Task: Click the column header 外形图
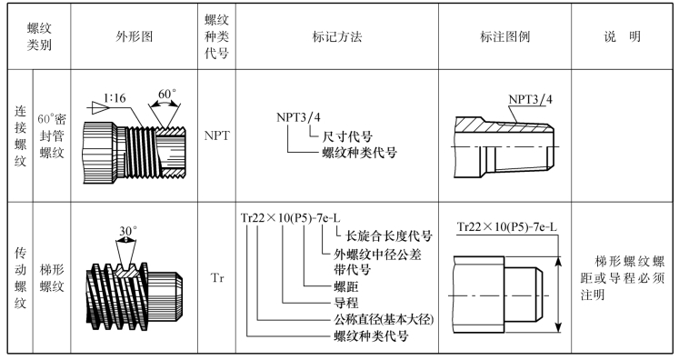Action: point(135,37)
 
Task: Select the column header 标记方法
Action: point(337,37)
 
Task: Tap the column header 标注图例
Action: point(504,37)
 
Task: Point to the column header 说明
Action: point(623,37)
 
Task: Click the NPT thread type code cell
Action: point(216,135)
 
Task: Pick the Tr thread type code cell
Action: point(217,277)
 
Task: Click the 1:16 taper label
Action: point(115,98)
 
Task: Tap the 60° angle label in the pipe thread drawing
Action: point(167,94)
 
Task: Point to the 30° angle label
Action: point(128,231)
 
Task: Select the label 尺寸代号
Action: point(347,136)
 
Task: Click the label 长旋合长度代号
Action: point(389,236)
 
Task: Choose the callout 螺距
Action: point(346,286)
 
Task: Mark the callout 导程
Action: point(346,303)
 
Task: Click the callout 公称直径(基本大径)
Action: point(384,319)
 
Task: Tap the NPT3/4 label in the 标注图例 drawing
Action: point(531,99)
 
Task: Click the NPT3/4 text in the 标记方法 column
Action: point(298,117)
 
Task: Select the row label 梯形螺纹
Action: point(52,277)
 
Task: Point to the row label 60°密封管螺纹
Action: point(52,135)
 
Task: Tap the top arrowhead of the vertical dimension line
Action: point(559,261)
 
